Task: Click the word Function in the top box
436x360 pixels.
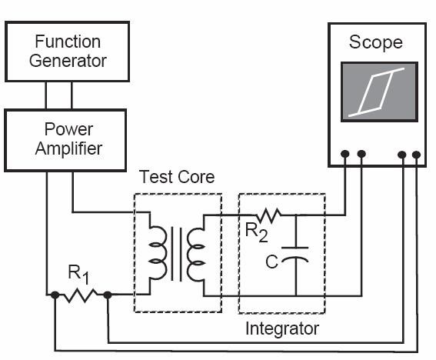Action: point(68,42)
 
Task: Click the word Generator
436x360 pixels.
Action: point(68,61)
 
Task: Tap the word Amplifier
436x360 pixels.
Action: point(68,148)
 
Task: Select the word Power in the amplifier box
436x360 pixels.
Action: point(68,129)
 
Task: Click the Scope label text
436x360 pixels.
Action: point(376,42)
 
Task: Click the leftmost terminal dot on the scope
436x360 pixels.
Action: point(344,154)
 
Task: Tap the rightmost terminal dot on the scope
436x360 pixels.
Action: point(416,155)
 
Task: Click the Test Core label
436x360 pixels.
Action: point(177,177)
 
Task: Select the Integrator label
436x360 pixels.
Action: point(282,328)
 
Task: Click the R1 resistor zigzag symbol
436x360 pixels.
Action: point(81,295)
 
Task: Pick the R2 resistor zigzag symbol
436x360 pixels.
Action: point(268,215)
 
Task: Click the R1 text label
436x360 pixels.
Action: point(79,275)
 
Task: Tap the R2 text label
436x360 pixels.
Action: point(256,232)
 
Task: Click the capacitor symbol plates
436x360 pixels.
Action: point(295,255)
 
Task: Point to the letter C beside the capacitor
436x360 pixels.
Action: point(271,262)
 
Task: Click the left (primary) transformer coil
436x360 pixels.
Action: point(158,253)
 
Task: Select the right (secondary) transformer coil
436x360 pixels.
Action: point(196,255)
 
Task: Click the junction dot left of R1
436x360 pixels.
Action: point(55,295)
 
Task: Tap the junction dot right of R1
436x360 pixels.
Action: point(108,295)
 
